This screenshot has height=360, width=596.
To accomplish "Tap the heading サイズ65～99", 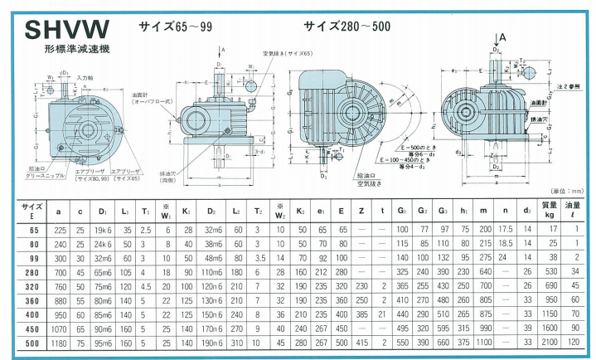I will pos(177,26).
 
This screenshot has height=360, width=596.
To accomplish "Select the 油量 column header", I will pos(574,210).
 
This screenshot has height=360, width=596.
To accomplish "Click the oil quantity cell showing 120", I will pos(574,341).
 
